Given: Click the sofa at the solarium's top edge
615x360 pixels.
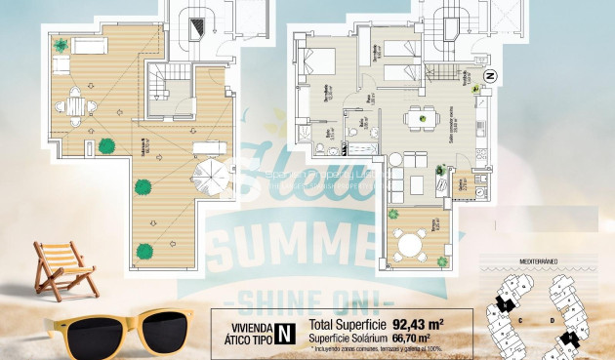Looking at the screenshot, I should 89,46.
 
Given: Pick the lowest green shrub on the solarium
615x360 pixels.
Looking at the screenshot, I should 145,249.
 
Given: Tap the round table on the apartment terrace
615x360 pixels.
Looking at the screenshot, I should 408,234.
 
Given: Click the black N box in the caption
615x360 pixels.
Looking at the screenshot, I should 284,333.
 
